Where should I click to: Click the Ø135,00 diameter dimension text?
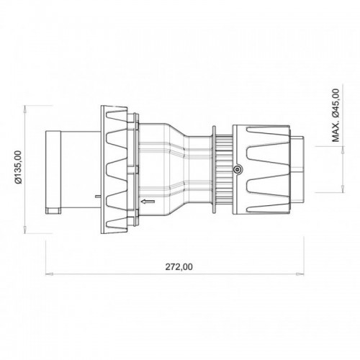pos(21,165)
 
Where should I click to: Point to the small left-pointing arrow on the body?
pos(148,203)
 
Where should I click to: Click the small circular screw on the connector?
pos(238,170)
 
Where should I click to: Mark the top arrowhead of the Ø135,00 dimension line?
pos(27,108)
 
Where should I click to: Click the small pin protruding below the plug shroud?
pos(96,196)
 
